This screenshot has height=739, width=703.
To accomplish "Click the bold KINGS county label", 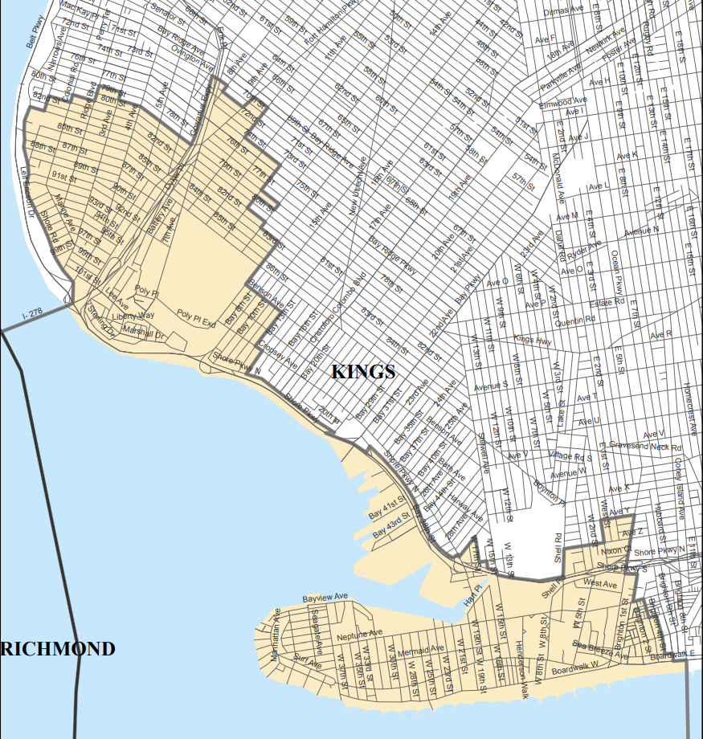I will (363, 371).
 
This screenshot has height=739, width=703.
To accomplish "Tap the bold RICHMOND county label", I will (58, 649).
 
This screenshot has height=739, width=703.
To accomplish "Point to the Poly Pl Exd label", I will (197, 315).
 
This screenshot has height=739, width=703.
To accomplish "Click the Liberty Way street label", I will (133, 316).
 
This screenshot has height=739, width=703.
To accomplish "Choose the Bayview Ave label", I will (325, 598).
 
